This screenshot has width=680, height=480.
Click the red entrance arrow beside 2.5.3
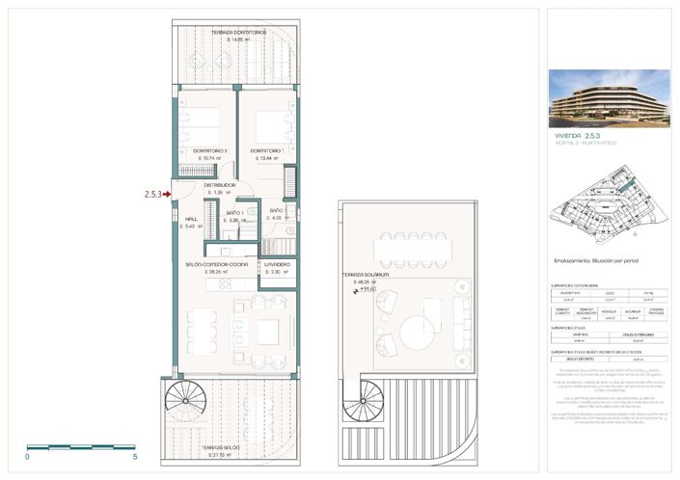[167, 194]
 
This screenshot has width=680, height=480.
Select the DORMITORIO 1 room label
[266, 151]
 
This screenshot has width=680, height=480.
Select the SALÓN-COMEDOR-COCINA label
[217, 264]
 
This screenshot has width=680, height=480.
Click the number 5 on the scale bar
[135, 456]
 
